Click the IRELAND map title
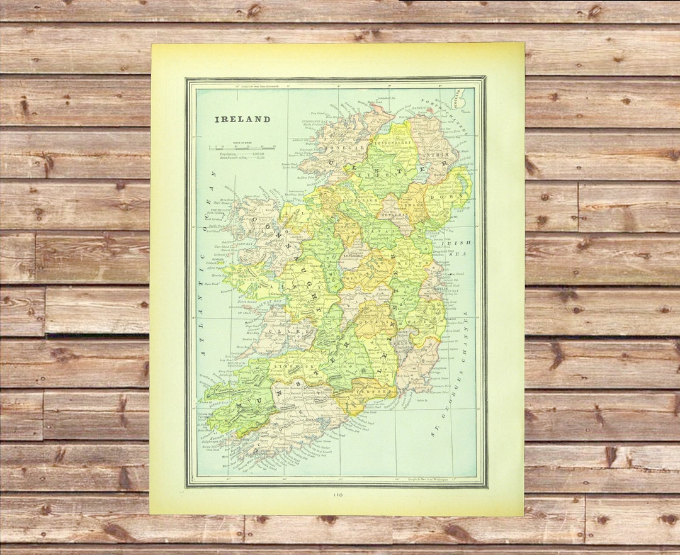point(242,119)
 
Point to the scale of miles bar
point(241,147)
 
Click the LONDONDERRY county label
point(392,143)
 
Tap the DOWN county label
point(451,197)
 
